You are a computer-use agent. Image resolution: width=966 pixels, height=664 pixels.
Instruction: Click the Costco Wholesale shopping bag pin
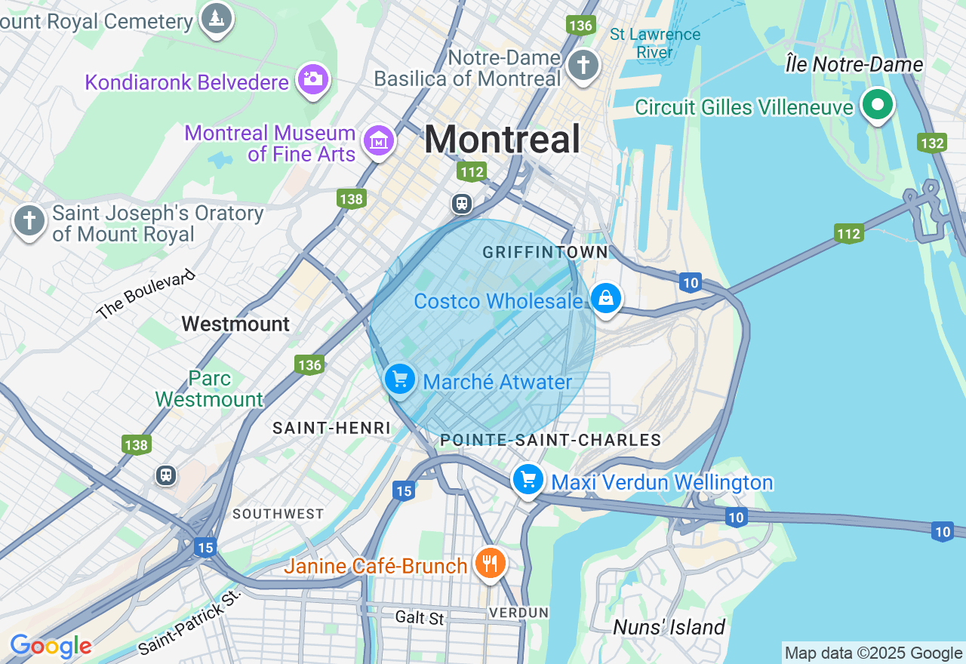point(605,298)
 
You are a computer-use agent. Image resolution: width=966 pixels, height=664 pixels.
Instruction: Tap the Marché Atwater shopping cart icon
point(399,378)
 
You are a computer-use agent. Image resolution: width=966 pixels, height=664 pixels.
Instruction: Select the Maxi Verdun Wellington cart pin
point(528,478)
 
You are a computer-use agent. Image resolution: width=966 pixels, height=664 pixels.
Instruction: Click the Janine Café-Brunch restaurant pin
point(490,562)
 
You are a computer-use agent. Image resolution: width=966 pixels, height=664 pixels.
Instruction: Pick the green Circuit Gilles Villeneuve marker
point(877,104)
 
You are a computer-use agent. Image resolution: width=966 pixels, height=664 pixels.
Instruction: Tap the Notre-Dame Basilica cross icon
point(583,64)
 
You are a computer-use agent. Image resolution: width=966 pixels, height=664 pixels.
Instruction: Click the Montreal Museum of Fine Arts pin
point(379,140)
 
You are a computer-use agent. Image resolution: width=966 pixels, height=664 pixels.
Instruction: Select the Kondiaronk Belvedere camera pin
point(312,78)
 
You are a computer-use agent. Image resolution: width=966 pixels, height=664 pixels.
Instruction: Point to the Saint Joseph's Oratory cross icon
point(29,221)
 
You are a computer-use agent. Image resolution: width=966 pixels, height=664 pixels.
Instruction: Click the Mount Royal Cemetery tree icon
point(217,17)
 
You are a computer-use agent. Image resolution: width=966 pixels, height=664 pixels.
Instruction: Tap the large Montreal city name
point(502,140)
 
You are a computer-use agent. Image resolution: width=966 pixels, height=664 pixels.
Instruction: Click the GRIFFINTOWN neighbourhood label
point(545,252)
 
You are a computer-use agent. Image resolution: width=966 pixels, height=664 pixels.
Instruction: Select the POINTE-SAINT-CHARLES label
point(550,440)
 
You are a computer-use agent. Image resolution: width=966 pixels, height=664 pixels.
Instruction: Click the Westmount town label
point(235,324)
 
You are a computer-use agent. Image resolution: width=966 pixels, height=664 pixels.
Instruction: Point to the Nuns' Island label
point(669,627)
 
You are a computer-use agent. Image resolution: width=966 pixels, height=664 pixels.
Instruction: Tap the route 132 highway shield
point(933,143)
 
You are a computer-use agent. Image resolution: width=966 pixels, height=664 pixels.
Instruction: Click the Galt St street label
point(420,618)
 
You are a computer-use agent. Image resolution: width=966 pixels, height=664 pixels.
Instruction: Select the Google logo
point(51,646)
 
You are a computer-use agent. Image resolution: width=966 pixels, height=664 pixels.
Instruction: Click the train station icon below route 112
point(461,204)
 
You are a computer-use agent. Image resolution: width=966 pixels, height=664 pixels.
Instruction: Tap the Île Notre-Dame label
point(854,64)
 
